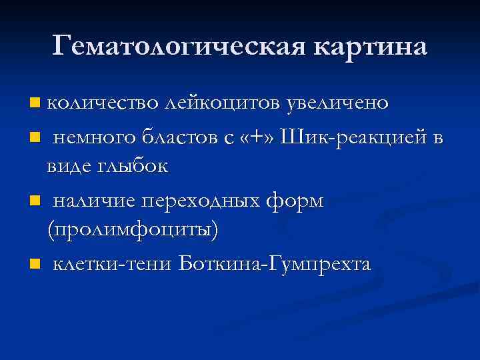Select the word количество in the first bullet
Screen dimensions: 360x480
tap(103, 103)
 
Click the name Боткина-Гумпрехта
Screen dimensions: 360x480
tap(275, 264)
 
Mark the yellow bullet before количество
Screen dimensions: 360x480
tap(35, 104)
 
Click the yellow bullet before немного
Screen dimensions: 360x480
tap(35, 138)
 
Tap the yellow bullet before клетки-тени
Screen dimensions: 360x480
tap(35, 265)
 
